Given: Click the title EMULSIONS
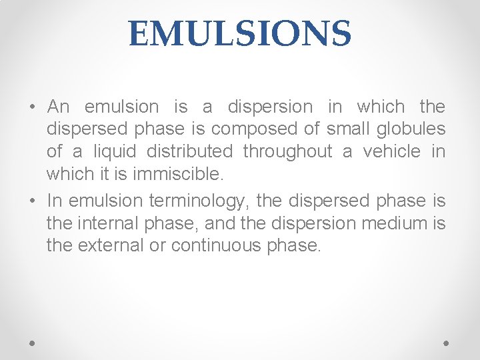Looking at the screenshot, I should click(x=240, y=33).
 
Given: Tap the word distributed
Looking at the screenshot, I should click(x=190, y=152).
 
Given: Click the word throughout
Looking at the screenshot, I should click(x=287, y=152).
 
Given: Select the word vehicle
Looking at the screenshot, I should click(x=391, y=152).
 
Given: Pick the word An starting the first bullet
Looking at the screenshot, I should click(x=59, y=107).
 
